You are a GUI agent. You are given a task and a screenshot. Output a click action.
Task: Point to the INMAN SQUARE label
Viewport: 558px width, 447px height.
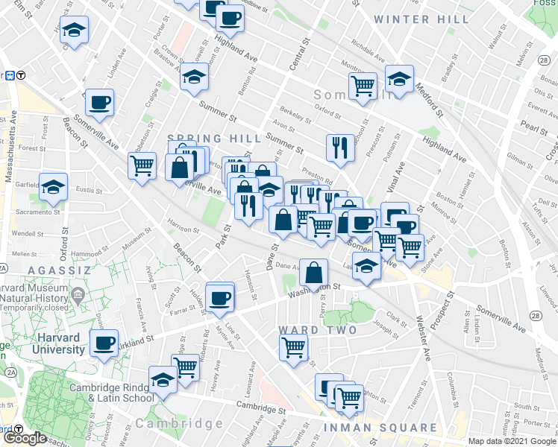pyautogui.click(x=380, y=428)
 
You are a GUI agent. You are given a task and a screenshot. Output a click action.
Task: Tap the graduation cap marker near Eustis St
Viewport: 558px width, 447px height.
pyautogui.click(x=54, y=186)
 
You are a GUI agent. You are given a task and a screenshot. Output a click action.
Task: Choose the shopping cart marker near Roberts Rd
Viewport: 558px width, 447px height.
pyautogui.click(x=185, y=367)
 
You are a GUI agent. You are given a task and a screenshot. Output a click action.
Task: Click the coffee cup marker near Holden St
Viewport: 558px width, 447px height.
pyautogui.click(x=219, y=297)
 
